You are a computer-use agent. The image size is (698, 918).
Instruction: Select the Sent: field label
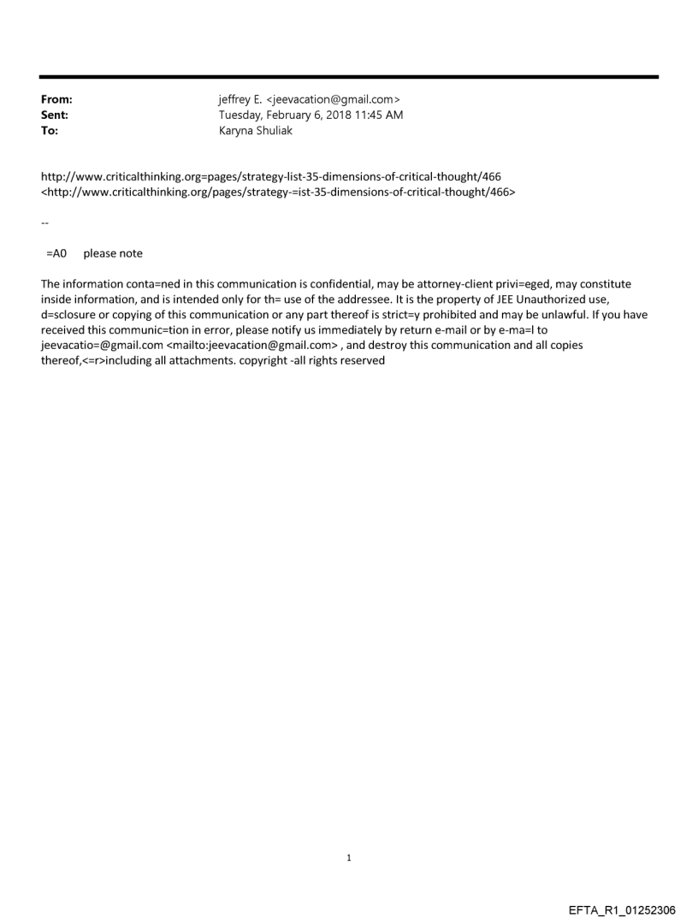tap(54, 115)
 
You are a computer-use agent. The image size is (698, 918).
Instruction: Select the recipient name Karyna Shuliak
tap(256, 131)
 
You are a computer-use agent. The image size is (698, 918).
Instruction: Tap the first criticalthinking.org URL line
tap(271, 177)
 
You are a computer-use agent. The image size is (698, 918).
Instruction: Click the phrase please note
tap(113, 253)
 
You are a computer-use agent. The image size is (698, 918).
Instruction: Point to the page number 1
tap(349, 858)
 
